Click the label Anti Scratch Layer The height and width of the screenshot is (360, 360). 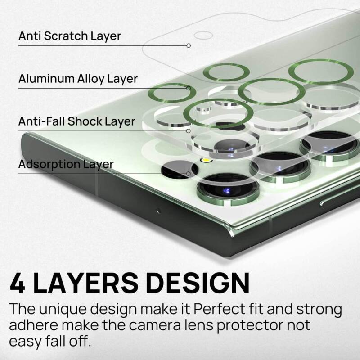70,36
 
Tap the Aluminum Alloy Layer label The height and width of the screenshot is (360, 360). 78,79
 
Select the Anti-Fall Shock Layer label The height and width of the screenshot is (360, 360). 76,121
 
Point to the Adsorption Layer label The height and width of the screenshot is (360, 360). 66,165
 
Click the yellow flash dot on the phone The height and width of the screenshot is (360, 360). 206,159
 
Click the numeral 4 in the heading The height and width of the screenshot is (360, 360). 18,282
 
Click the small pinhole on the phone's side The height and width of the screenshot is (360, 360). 157,211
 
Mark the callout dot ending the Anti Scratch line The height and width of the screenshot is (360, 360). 189,45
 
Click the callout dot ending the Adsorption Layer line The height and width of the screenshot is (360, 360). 189,174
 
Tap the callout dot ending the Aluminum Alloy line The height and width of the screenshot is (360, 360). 189,88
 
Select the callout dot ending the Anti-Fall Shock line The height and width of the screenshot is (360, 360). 189,131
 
